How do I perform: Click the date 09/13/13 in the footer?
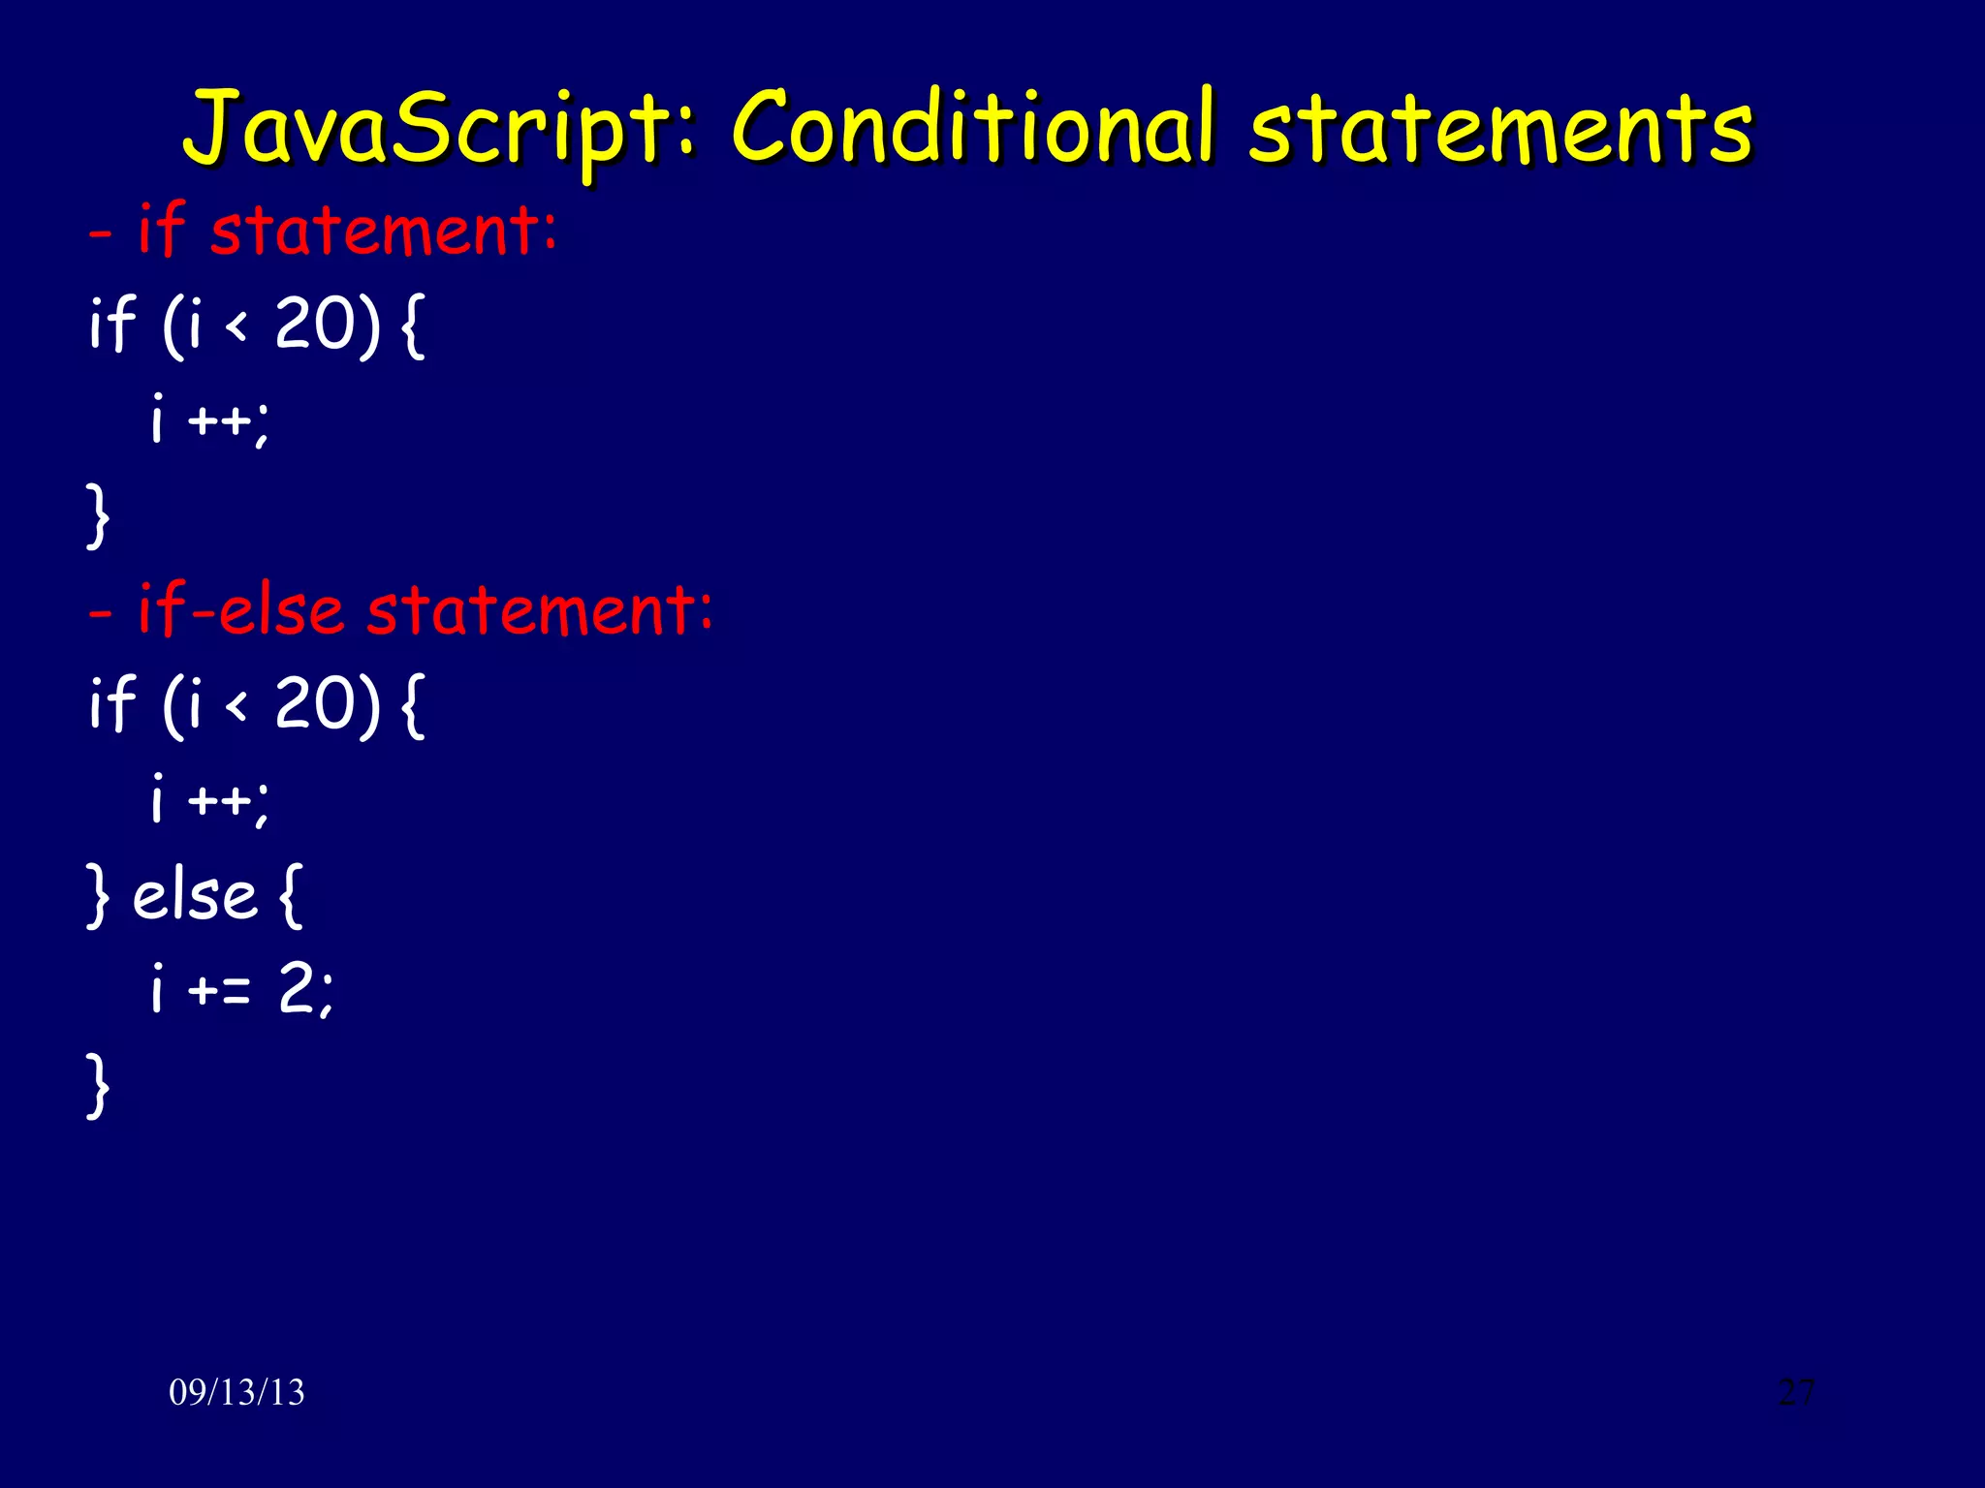pyautogui.click(x=236, y=1392)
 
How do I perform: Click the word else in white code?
pyautogui.click(x=194, y=895)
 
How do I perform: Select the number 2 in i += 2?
pyautogui.click(x=296, y=990)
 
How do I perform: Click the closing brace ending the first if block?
pyautogui.click(x=97, y=515)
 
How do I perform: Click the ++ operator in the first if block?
pyautogui.click(x=219, y=421)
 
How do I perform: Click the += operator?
pyautogui.click(x=219, y=990)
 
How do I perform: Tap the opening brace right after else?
pyautogui.click(x=290, y=895)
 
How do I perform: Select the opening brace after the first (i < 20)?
pyautogui.click(x=412, y=325)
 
